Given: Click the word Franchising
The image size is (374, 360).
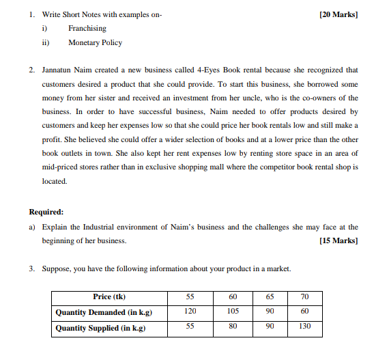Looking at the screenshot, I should click(x=87, y=29).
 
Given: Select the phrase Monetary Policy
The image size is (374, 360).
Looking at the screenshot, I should click(x=95, y=42).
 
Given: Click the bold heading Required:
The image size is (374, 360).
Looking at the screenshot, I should click(x=46, y=212).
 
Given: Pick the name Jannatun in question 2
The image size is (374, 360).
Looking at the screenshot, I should click(x=57, y=70).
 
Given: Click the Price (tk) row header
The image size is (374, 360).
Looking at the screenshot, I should click(x=109, y=296).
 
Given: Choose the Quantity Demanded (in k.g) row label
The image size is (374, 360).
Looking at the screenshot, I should click(x=103, y=311).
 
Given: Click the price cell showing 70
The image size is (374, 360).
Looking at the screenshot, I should click(x=304, y=296).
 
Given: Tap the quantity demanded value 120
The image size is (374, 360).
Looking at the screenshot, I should click(x=190, y=311).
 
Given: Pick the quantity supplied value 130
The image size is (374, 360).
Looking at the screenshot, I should click(x=304, y=327).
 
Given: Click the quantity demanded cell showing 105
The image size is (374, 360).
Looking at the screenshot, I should click(x=233, y=311).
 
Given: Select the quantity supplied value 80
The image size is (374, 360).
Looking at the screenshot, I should click(x=233, y=327).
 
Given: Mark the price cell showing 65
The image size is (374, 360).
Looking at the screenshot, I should click(x=270, y=296).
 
